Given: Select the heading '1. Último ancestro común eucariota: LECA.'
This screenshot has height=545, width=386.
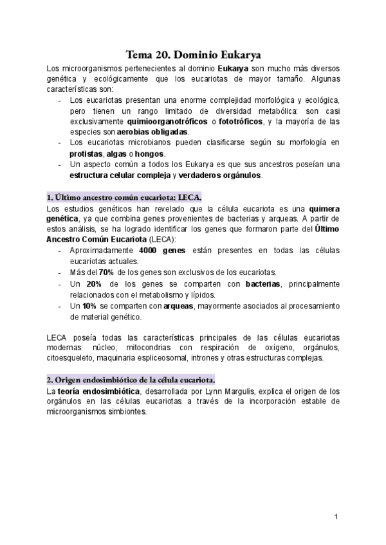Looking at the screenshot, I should [x=124, y=197].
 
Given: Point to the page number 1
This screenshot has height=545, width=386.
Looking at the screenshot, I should [x=336, y=517].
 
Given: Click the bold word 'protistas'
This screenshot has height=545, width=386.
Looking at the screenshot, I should [x=86, y=154].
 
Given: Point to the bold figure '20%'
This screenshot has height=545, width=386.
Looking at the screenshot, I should [x=94, y=283].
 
